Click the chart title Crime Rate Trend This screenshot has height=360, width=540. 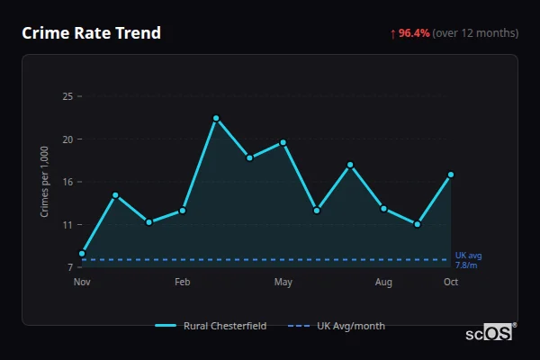[91, 33]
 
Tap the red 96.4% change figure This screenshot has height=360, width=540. [414, 33]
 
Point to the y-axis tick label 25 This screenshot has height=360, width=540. [67, 96]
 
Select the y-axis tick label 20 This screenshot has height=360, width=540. [67, 139]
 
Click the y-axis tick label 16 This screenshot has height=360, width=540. [67, 182]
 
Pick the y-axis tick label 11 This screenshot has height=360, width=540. [67, 225]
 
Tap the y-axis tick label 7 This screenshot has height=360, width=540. [70, 267]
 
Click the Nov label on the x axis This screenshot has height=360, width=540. [82, 283]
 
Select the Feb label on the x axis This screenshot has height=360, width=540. [183, 283]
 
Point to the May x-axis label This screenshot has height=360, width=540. [283, 283]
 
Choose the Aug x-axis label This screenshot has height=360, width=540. [384, 283]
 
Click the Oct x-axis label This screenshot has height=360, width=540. [451, 283]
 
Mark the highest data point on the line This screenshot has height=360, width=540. [216, 118]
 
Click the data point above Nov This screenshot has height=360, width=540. [82, 254]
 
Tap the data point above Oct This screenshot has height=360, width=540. [451, 175]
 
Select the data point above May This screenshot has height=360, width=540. [283, 142]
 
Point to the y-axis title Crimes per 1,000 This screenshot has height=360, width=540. [45, 182]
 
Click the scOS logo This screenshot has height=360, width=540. [490, 333]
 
